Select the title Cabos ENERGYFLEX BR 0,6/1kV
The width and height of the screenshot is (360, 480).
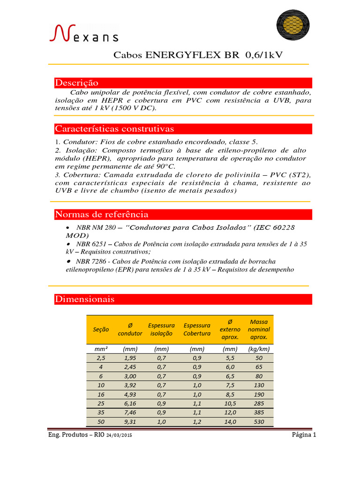pyautogui.click(x=198, y=55)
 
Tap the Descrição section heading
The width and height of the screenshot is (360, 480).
pyautogui.click(x=77, y=83)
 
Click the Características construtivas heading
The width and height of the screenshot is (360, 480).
pyautogui.click(x=114, y=128)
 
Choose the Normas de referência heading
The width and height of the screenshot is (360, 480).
pyautogui.click(x=102, y=215)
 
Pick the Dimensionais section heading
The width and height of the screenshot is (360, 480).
pyautogui.click(x=85, y=299)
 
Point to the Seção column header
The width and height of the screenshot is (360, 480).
pyautogui.click(x=99, y=330)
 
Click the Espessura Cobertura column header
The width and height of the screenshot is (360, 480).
pyautogui.click(x=197, y=330)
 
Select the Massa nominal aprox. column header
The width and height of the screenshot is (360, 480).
pyautogui.click(x=259, y=330)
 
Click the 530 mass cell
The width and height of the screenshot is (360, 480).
pyautogui.click(x=259, y=422)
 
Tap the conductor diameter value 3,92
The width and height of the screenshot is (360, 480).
pyautogui.click(x=130, y=385)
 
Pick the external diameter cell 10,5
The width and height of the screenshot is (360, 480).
pyautogui.click(x=230, y=404)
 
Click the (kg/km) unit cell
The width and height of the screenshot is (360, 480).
pyautogui.click(x=259, y=349)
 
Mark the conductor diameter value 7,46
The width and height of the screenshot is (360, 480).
pyautogui.click(x=130, y=413)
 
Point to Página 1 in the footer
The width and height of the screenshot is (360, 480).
pyautogui.click(x=304, y=435)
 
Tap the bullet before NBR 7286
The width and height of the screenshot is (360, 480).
pyautogui.click(x=68, y=261)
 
